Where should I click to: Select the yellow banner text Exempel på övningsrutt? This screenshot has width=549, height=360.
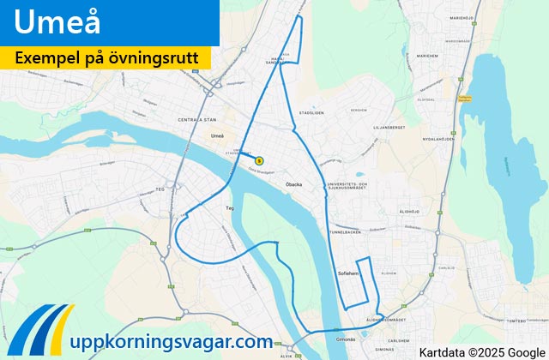[x=106, y=57]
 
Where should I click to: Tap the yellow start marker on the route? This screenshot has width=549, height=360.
[x=259, y=159]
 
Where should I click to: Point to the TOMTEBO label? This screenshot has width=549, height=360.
[x=514, y=321]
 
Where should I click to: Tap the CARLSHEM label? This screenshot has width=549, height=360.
[x=397, y=340]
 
